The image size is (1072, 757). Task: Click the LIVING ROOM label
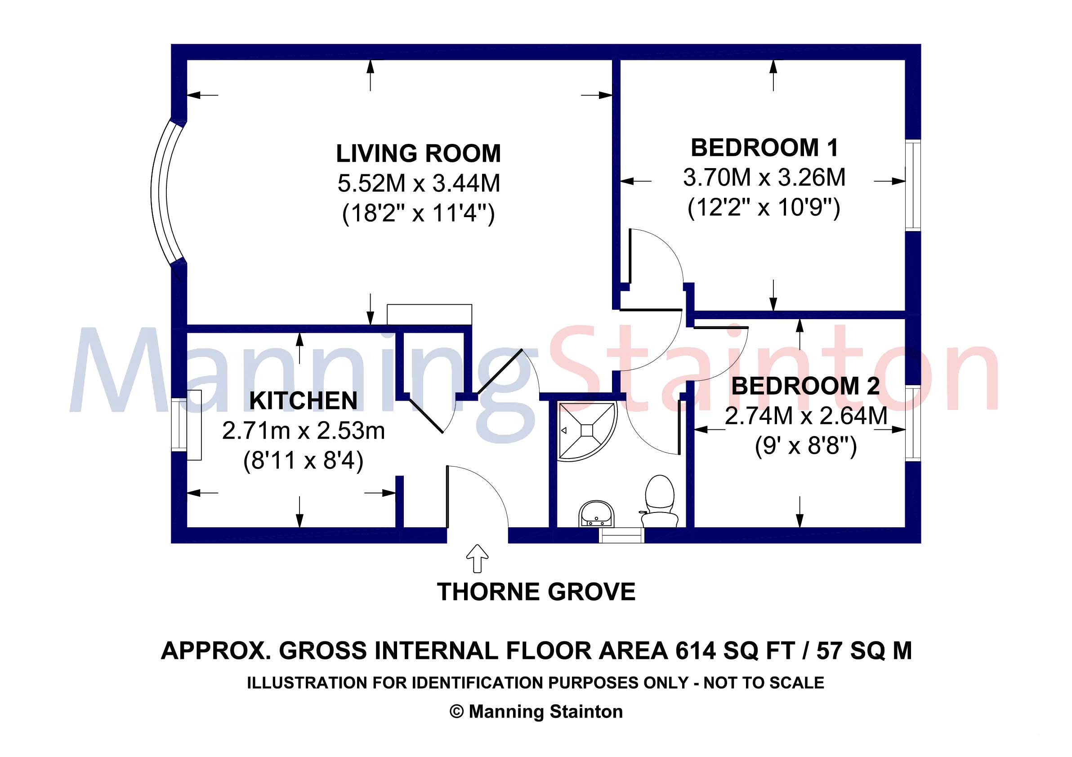pos(418,154)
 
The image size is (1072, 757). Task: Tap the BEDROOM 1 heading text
pos(764,148)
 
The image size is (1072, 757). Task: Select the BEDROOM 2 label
pos(805,386)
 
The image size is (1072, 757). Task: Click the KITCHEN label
pos(304,401)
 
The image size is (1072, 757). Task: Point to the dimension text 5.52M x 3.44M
pos(419,183)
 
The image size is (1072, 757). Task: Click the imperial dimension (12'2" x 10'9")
pos(764,207)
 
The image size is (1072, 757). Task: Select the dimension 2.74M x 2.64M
pos(805,416)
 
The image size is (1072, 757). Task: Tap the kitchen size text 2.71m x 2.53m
pos(304,431)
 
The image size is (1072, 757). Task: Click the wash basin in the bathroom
pos(597,513)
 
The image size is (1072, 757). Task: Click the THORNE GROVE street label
pos(536,592)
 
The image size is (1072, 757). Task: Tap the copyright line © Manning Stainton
pos(536,712)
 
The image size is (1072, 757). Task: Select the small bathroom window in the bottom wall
pos(621,536)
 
